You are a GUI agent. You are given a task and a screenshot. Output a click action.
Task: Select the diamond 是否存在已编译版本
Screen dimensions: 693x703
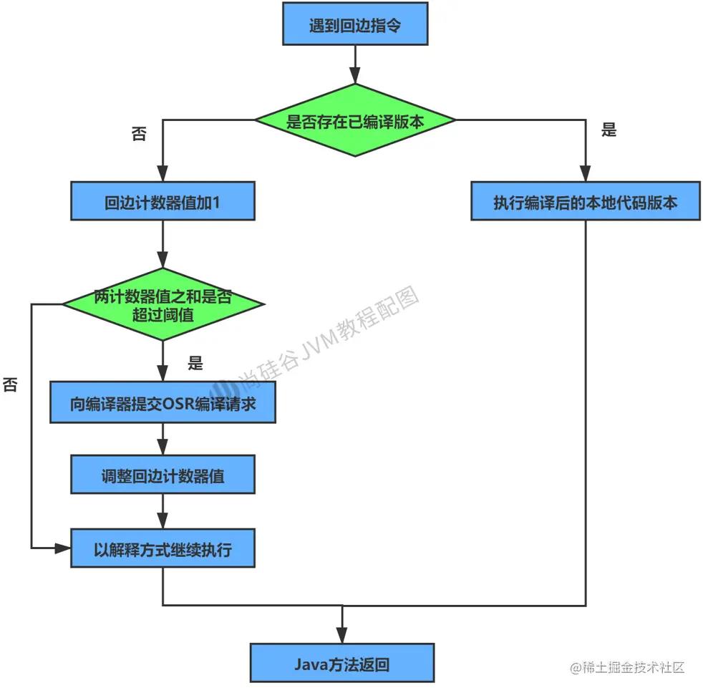click(x=356, y=121)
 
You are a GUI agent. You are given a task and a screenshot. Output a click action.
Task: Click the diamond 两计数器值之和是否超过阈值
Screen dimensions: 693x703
click(x=163, y=304)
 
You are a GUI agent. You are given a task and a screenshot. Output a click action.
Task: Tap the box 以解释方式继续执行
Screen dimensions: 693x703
click(x=163, y=549)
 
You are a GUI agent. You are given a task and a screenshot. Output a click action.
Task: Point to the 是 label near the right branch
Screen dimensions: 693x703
click(x=609, y=130)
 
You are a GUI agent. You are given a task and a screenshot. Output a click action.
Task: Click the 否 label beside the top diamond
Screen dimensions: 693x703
click(x=139, y=135)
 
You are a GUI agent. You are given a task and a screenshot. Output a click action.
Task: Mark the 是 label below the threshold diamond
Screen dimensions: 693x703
click(x=195, y=363)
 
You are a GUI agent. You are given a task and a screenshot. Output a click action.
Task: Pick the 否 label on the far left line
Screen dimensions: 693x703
click(x=11, y=384)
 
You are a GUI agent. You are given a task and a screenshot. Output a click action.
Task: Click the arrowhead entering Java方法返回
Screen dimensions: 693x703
click(x=341, y=636)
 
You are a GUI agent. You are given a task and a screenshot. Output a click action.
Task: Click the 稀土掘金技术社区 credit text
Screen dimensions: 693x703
click(x=628, y=667)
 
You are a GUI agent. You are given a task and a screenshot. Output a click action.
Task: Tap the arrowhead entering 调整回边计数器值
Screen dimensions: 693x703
click(x=163, y=449)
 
